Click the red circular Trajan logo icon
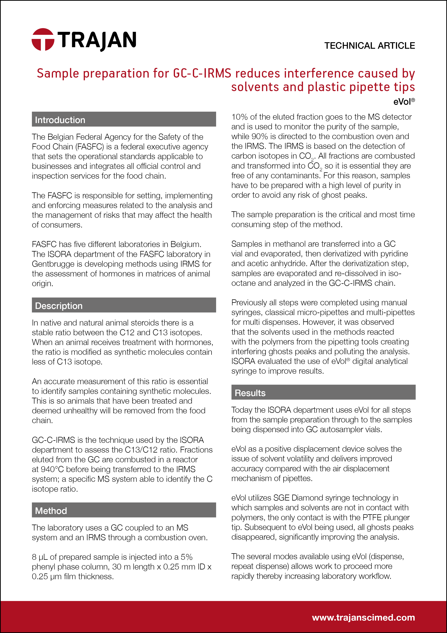click(43, 39)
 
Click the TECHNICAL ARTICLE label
click(369, 45)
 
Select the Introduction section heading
click(60, 120)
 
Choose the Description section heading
click(59, 306)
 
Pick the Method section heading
click(51, 511)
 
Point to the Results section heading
click(250, 393)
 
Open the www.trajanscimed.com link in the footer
click(363, 617)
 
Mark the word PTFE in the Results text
click(371, 518)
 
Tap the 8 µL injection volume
click(40, 557)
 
